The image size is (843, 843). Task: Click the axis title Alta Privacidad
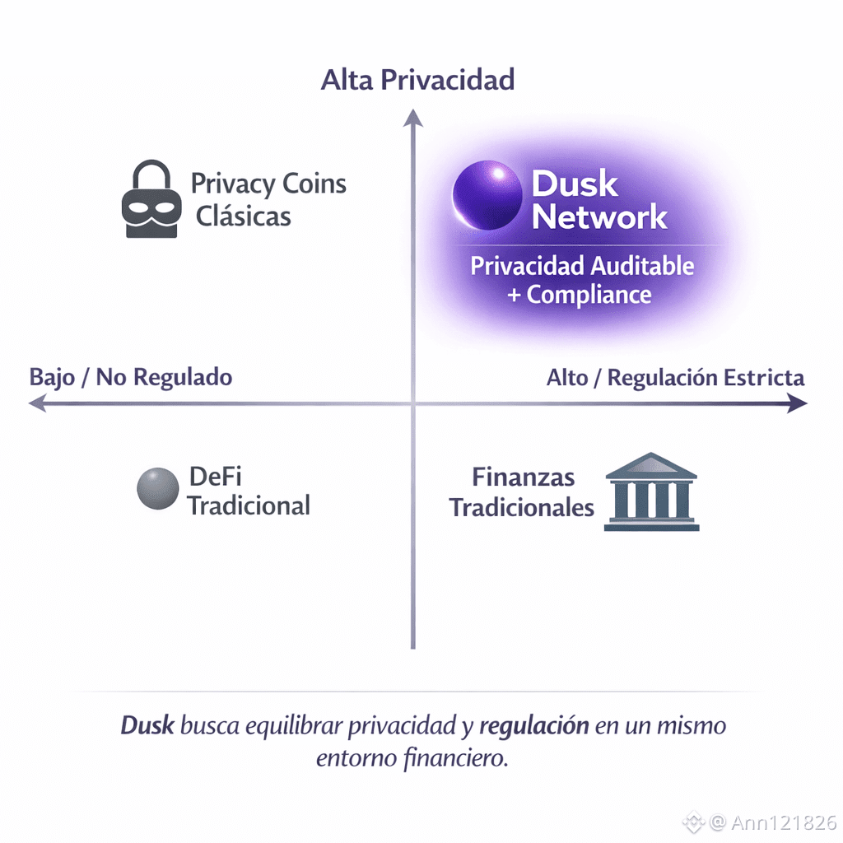click(417, 80)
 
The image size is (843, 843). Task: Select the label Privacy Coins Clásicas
click(268, 199)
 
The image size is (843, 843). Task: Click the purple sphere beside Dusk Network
click(488, 196)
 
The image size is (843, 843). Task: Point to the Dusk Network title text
click(598, 201)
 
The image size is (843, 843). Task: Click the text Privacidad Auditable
click(582, 266)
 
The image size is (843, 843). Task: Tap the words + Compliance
click(580, 295)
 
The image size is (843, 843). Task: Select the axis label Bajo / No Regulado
click(131, 378)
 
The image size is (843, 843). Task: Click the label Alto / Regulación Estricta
click(675, 378)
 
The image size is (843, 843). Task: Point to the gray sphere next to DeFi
click(158, 488)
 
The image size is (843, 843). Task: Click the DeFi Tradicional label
click(248, 491)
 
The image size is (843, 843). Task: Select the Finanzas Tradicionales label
click(522, 491)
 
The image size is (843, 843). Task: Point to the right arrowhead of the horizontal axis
click(797, 403)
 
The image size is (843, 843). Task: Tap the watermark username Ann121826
click(785, 822)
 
